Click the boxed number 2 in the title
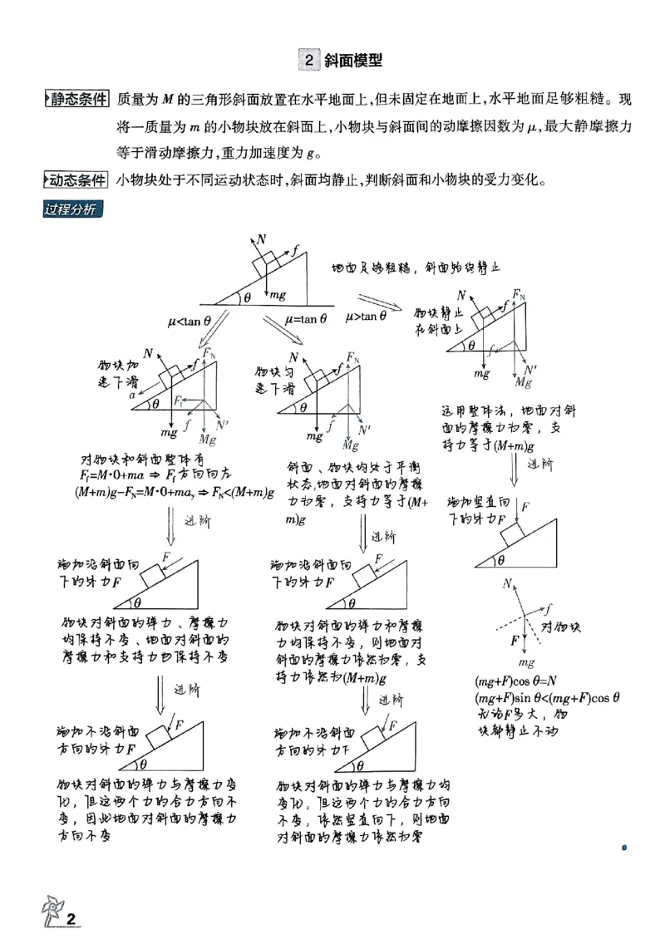[x=308, y=61]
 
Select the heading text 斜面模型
[x=352, y=61]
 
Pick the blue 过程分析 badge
[x=71, y=208]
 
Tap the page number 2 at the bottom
[x=71, y=918]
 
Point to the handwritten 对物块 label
[x=560, y=625]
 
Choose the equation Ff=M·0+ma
[x=114, y=475]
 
